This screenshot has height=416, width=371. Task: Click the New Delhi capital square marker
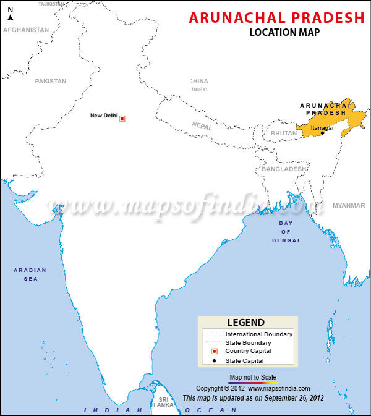click(122, 118)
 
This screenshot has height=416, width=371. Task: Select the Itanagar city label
click(322, 127)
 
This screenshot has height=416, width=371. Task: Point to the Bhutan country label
click(283, 134)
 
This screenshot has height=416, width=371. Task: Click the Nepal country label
click(202, 125)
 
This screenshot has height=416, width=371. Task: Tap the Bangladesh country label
click(284, 169)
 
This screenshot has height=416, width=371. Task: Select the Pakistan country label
click(50, 81)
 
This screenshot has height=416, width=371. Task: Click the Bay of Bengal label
click(286, 231)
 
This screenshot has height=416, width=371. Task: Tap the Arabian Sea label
click(26, 274)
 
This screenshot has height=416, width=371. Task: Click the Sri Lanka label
click(164, 402)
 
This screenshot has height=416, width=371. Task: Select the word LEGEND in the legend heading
click(245, 322)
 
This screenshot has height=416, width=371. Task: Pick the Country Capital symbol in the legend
click(214, 351)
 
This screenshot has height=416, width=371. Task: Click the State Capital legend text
click(244, 360)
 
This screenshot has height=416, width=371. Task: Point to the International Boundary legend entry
click(259, 334)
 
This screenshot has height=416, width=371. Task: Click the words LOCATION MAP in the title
click(284, 32)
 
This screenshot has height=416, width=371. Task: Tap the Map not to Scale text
click(253, 376)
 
